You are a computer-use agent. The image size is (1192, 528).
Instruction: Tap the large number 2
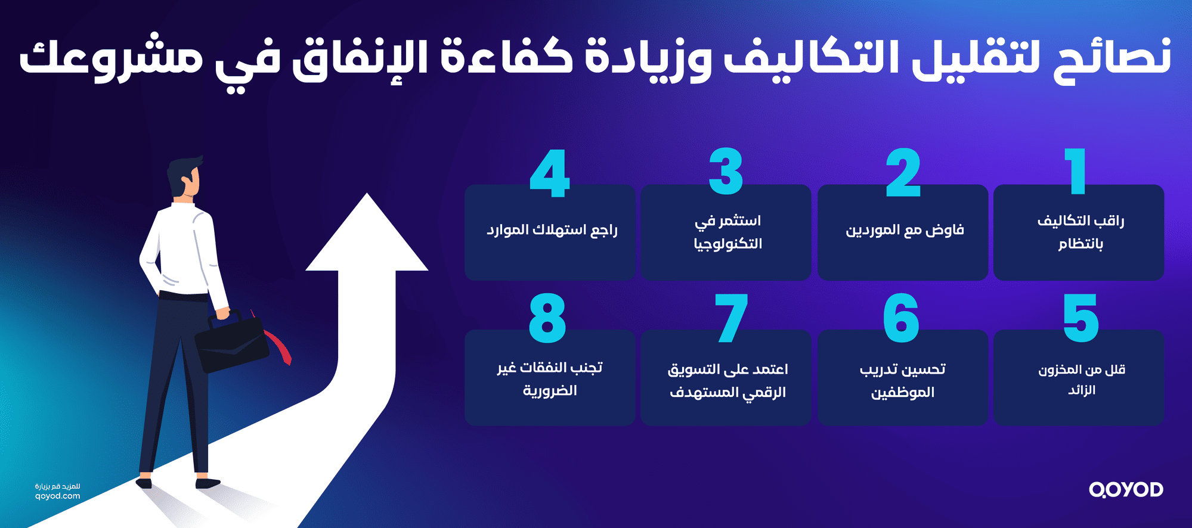(x=903, y=173)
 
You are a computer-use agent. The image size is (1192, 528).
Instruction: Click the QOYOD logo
(x=1126, y=490)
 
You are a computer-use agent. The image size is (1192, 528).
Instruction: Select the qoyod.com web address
(x=57, y=496)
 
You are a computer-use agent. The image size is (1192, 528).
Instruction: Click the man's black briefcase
(x=231, y=343)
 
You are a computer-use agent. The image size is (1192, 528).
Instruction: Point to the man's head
(x=184, y=177)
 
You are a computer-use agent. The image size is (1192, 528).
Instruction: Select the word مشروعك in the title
(x=110, y=58)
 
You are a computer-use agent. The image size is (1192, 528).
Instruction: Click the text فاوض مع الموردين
(x=905, y=231)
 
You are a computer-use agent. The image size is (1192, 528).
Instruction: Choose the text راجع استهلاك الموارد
(x=552, y=231)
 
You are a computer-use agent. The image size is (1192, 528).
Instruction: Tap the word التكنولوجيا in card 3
(x=728, y=244)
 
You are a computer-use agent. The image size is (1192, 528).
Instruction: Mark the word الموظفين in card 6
(x=903, y=393)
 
